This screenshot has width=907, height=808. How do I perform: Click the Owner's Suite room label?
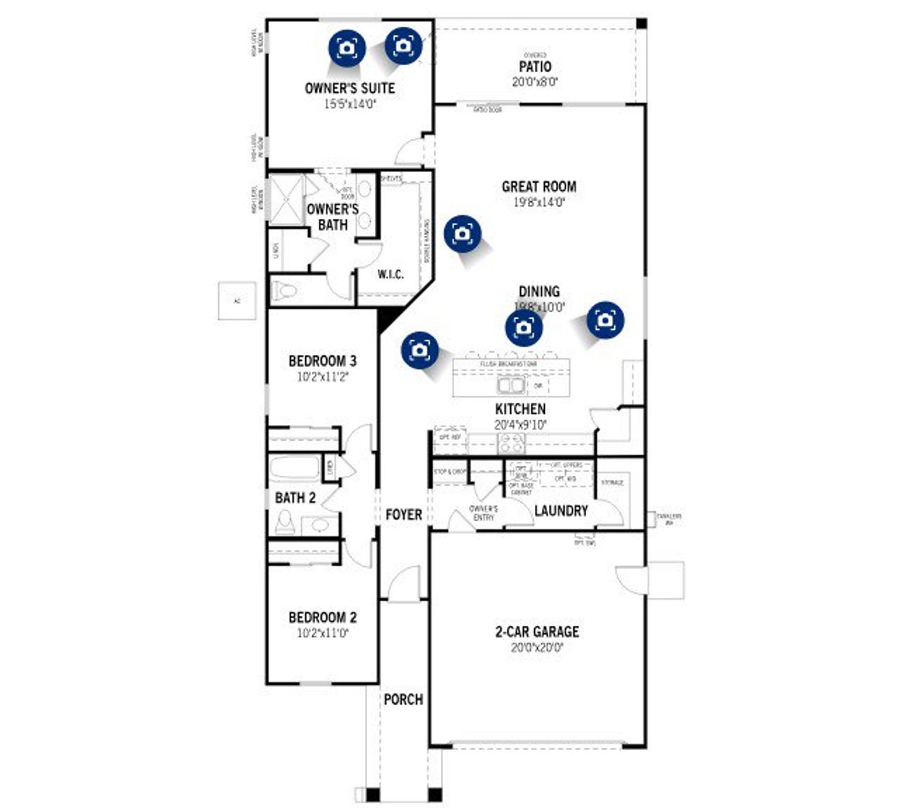click(349, 89)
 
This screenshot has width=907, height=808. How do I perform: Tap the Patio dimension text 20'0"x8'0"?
click(535, 82)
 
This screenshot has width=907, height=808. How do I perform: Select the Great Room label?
click(539, 187)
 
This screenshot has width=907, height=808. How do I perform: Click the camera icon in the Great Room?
click(462, 234)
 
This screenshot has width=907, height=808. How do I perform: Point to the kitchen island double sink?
click(510, 385)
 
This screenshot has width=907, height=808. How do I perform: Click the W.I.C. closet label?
click(390, 274)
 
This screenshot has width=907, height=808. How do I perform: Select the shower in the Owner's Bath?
click(286, 200)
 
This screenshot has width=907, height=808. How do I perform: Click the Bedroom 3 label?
click(322, 361)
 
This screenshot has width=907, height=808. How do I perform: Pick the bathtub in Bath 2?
click(295, 469)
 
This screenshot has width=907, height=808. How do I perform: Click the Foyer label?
click(403, 515)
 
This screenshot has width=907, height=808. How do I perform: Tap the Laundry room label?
click(560, 511)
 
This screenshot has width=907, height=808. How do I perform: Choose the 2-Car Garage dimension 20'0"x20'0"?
click(536, 647)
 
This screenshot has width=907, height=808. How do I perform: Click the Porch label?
click(403, 700)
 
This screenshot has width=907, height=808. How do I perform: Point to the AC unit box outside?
click(237, 301)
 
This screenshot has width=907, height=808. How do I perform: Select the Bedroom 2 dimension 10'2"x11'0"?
click(322, 633)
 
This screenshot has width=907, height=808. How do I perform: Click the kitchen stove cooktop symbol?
click(511, 444)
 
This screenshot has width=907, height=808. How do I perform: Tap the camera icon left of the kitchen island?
click(419, 351)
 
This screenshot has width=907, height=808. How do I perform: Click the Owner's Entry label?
click(483, 513)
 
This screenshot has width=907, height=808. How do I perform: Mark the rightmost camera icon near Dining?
click(605, 320)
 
